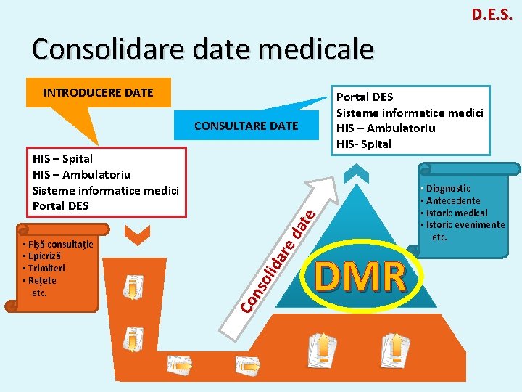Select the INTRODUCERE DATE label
click(98, 92)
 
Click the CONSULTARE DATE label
click(246, 126)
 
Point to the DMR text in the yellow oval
click(360, 277)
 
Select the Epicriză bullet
click(43, 256)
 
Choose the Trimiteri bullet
click(43, 268)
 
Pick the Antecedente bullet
click(451, 200)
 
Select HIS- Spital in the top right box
click(365, 144)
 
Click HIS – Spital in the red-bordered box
click(63, 158)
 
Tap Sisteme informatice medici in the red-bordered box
click(106, 190)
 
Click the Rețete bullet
click(41, 280)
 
